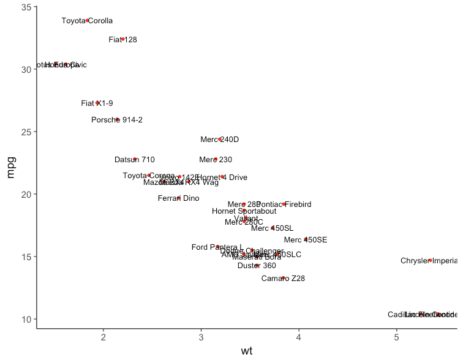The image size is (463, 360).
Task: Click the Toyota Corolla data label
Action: tap(87, 21)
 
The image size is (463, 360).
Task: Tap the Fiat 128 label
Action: tap(122, 40)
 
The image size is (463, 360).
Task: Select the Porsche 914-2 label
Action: tap(117, 120)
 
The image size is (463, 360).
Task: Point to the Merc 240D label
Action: tap(219, 140)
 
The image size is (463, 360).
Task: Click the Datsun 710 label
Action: tap(135, 160)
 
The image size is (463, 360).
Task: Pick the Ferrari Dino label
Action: tap(179, 198)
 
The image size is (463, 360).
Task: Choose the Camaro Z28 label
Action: tap(283, 279)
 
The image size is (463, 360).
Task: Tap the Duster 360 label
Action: tap(257, 266)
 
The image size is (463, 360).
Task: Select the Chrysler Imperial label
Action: tap(429, 261)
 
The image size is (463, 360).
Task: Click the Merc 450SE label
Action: tap(306, 240)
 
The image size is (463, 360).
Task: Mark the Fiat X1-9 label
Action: tap(97, 103)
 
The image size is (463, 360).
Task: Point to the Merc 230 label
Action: tap(216, 160)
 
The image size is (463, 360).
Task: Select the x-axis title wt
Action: tap(247, 351)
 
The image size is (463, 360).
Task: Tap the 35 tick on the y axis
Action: tap(26, 7)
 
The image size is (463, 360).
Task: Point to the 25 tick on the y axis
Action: tap(26, 132)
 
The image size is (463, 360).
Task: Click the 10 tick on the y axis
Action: tap(26, 320)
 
